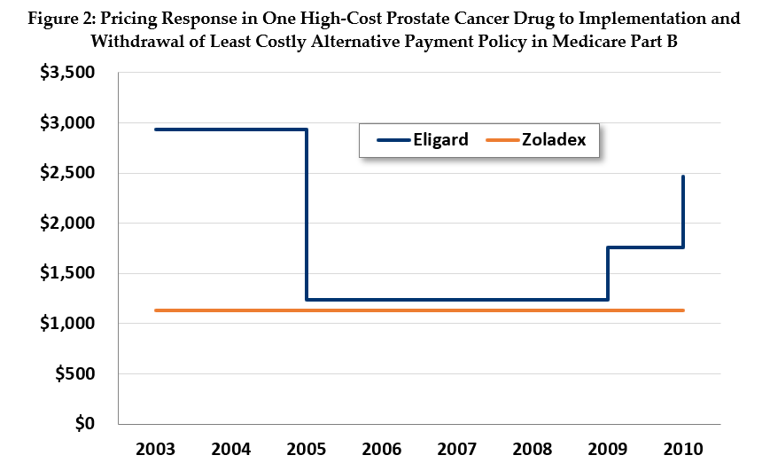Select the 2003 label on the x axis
(x=155, y=449)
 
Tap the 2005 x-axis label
(x=306, y=449)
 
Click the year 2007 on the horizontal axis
(x=456, y=449)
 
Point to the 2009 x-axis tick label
(x=607, y=449)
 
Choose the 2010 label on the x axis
(x=682, y=449)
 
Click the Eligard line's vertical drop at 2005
(x=307, y=213)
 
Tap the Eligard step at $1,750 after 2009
(x=645, y=247)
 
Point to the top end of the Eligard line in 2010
(x=683, y=177)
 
